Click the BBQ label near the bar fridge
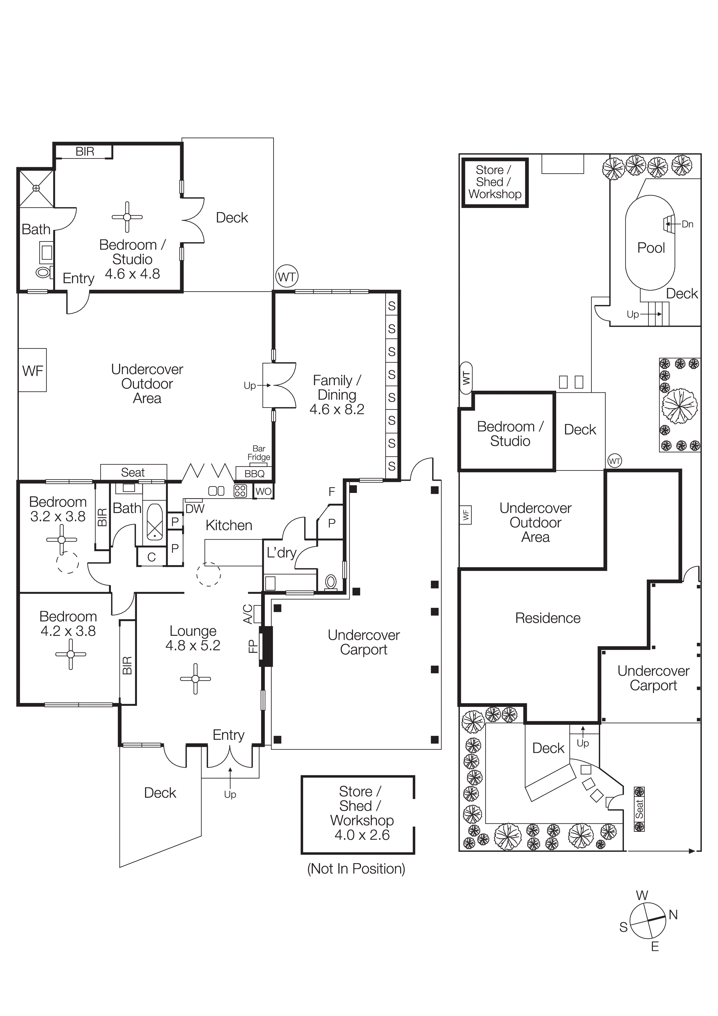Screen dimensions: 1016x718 (254, 474)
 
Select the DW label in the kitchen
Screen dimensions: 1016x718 (195, 509)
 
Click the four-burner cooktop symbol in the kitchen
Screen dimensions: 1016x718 (240, 491)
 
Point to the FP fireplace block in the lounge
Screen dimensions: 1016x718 (265, 646)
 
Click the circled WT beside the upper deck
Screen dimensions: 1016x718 (287, 277)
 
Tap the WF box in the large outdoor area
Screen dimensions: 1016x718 (32, 370)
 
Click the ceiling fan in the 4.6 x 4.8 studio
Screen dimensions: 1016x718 (127, 217)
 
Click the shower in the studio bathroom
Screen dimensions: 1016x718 (36, 188)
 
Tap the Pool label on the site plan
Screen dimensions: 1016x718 (651, 248)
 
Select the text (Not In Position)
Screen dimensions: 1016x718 (356, 869)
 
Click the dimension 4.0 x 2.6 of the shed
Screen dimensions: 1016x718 (362, 835)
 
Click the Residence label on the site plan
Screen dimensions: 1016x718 (548, 618)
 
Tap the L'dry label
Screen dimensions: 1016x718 (281, 553)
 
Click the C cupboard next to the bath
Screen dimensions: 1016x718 (151, 557)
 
